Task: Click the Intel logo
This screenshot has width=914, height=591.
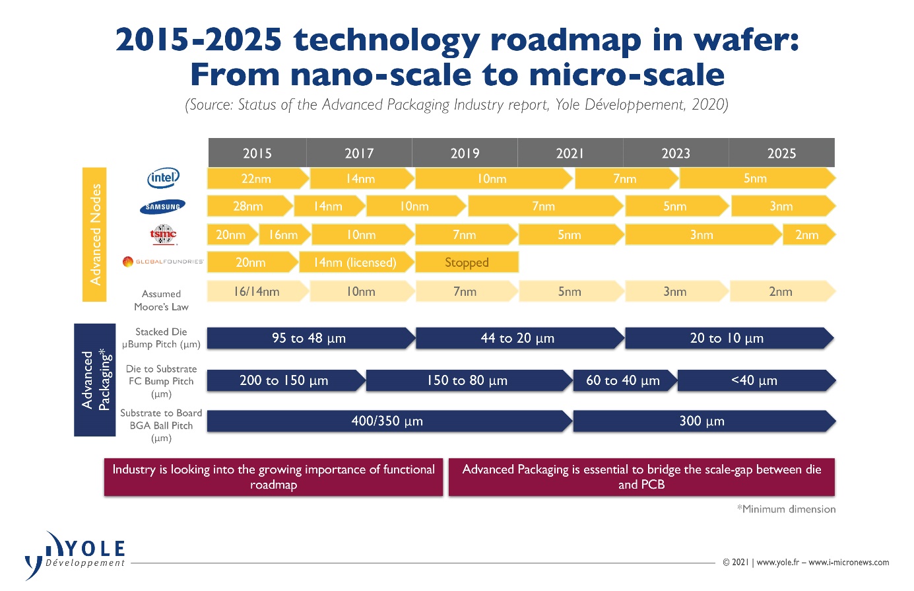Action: click(163, 178)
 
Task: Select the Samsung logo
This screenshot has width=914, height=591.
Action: click(163, 207)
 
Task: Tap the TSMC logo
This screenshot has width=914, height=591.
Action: click(163, 234)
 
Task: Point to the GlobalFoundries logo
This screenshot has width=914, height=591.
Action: click(163, 262)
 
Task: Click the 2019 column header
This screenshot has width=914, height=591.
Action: click(465, 153)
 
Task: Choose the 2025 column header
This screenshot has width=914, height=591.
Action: click(781, 153)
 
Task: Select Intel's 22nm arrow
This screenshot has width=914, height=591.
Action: click(257, 179)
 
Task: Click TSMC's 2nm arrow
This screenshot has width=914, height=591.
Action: click(807, 235)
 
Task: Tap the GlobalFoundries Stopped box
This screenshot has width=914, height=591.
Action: click(467, 262)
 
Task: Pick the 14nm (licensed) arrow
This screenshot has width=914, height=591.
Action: click(356, 262)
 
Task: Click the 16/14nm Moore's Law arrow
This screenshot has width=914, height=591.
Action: click(257, 291)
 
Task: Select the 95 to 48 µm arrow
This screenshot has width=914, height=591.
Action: click(309, 338)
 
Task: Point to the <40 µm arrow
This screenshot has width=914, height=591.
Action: click(754, 380)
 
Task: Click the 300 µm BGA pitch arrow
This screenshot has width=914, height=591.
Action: click(702, 421)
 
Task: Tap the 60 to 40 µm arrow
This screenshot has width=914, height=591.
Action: click(623, 380)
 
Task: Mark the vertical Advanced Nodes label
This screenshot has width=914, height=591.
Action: click(95, 234)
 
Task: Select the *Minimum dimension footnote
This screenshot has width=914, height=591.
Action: click(786, 509)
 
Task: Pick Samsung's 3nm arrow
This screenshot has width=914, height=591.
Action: click(781, 207)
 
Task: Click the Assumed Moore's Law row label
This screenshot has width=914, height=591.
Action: click(161, 300)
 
